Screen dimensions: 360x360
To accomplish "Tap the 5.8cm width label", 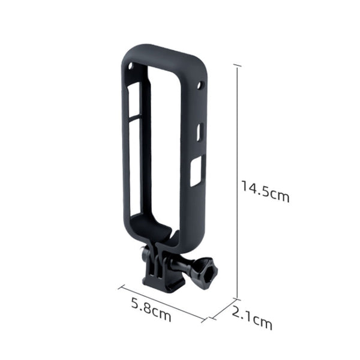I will (151, 311).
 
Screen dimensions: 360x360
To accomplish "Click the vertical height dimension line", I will (238, 180).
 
